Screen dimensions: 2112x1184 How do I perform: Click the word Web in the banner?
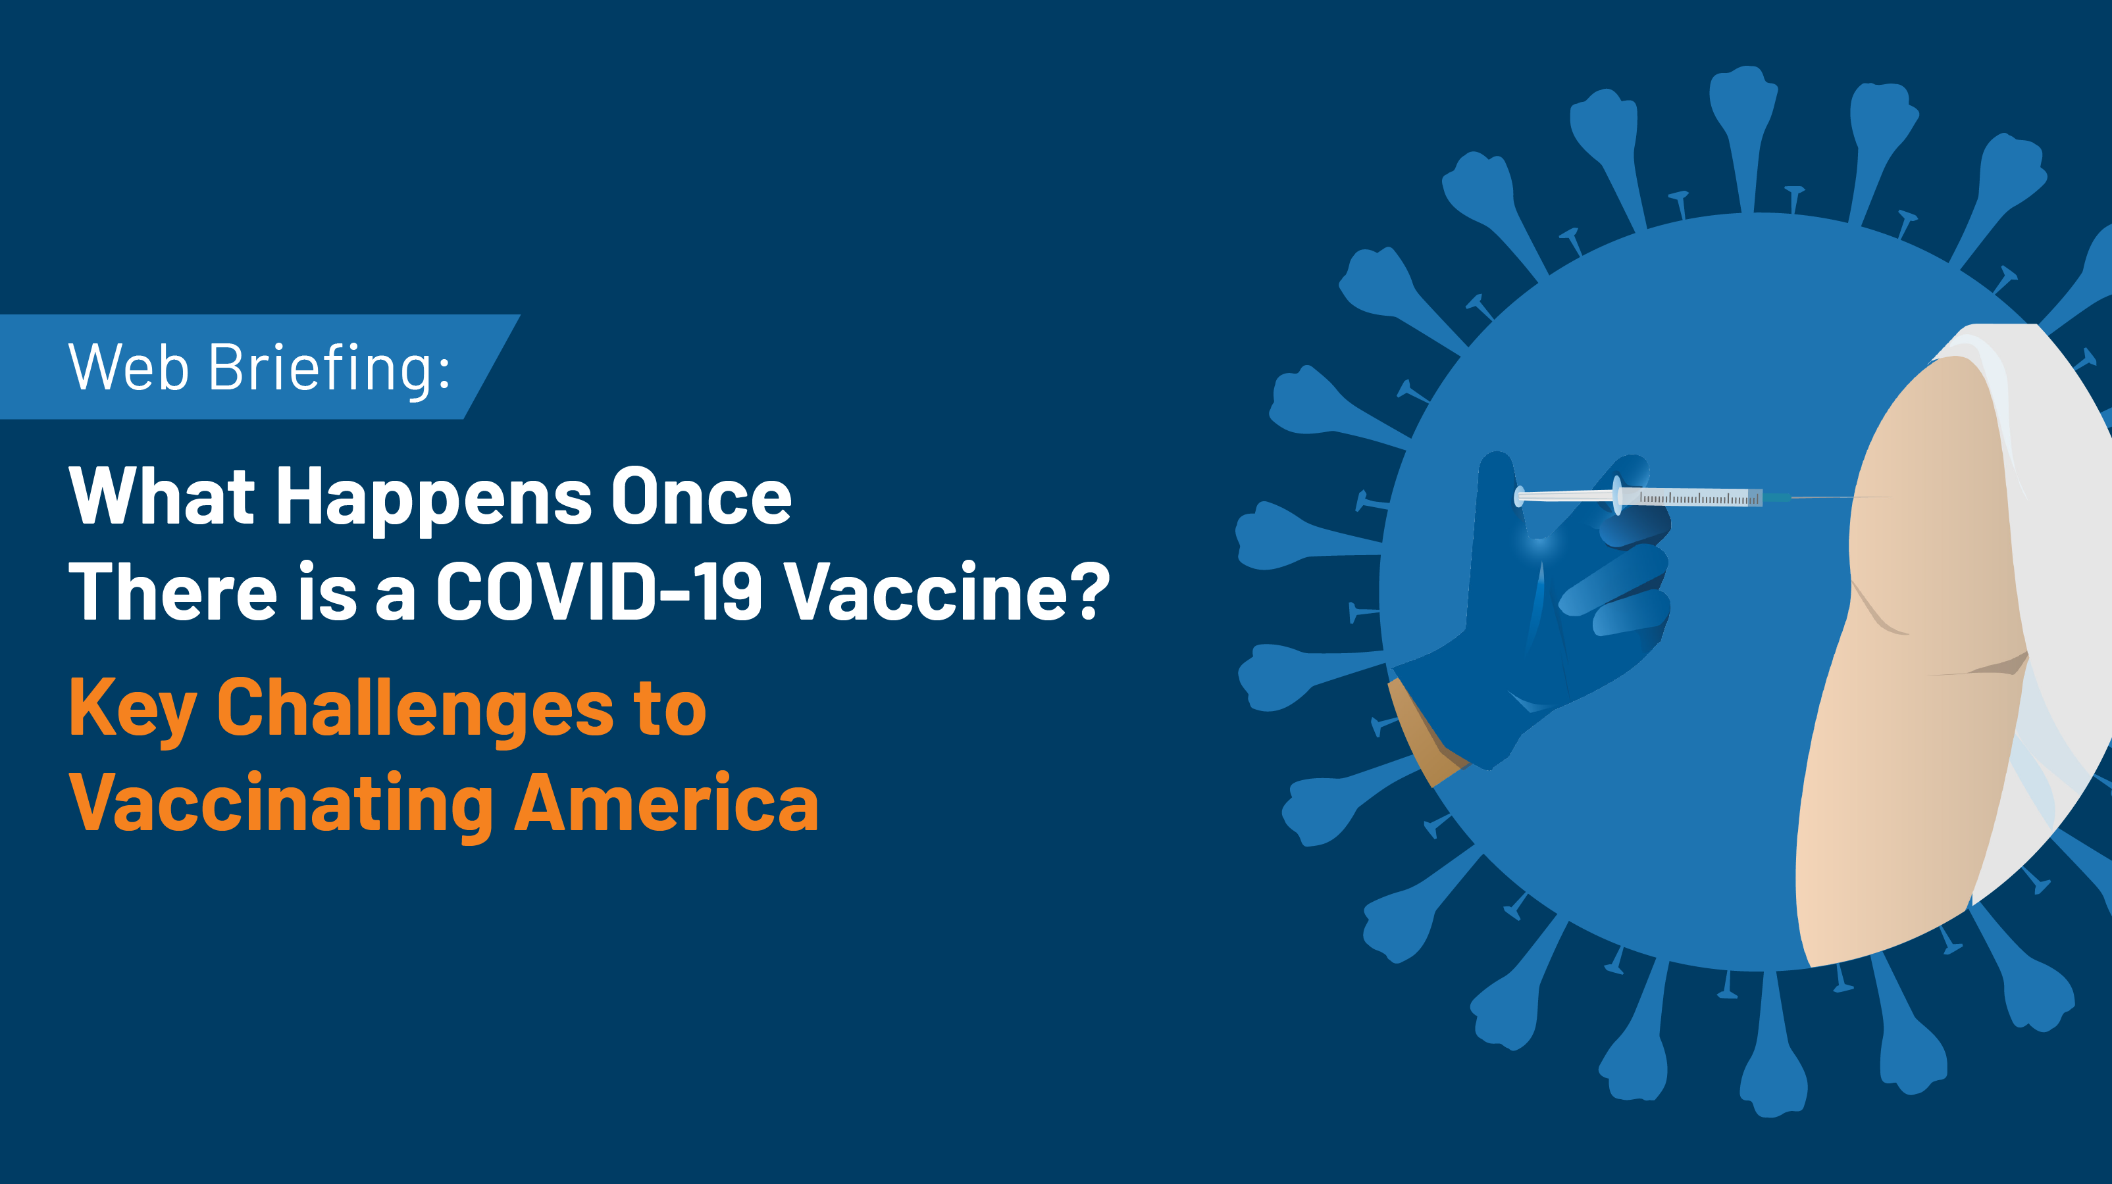(130, 367)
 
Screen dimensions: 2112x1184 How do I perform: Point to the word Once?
(702, 496)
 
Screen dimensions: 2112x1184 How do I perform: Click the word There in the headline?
(173, 591)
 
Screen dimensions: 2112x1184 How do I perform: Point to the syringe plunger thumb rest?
(1519, 497)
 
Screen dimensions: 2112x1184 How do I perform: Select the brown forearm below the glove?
(1422, 733)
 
